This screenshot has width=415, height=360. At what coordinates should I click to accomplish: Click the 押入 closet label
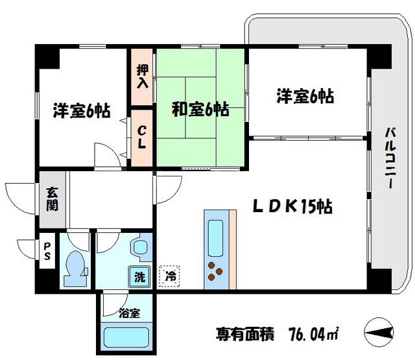143,76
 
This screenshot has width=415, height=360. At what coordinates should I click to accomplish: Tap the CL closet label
142,137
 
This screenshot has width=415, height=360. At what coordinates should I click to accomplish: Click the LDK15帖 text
292,206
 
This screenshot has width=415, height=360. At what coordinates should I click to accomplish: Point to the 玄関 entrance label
51,199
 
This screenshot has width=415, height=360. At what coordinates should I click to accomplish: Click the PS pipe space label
47,251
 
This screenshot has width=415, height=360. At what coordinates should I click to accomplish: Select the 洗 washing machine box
140,276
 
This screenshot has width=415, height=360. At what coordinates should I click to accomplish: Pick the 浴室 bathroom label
128,313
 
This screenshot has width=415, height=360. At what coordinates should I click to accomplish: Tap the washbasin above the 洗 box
140,248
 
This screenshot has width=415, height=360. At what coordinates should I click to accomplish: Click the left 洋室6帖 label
80,110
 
